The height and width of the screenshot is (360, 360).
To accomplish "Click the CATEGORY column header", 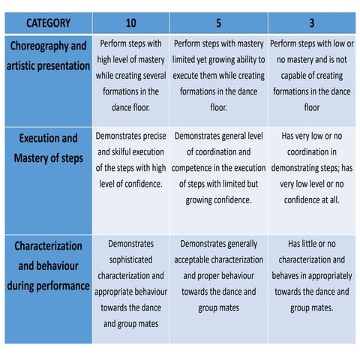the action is pyautogui.click(x=47, y=22).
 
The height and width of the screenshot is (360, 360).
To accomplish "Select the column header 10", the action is pyautogui.click(x=130, y=22).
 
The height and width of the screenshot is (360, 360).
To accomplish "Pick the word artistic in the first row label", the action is pyautogui.click(x=25, y=66).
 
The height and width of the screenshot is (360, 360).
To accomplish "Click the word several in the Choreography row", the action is pyautogui.click(x=151, y=76).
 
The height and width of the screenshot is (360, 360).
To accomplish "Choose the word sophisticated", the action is pyautogui.click(x=130, y=259).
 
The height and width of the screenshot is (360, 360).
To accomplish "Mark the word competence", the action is pyautogui.click(x=196, y=167).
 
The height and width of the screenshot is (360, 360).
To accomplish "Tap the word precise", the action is pyautogui.click(x=152, y=136).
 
